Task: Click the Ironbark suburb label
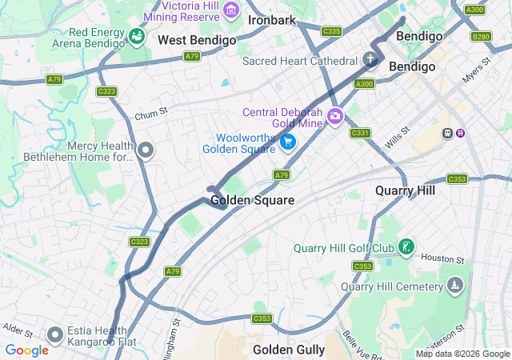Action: [272, 20]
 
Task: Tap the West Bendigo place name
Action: [197, 40]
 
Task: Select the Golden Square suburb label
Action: [252, 200]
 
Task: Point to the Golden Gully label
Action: [289, 350]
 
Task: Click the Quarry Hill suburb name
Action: [405, 191]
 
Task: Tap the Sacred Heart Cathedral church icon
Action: [370, 59]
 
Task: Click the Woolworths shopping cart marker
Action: [288, 142]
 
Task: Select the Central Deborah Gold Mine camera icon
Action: [334, 116]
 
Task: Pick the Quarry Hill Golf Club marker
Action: [407, 246]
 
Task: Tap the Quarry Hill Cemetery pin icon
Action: [455, 285]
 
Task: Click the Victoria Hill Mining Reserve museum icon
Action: [232, 10]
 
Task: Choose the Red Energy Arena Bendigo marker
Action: [137, 37]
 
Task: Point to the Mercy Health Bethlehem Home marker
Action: [145, 150]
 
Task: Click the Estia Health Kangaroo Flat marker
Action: [54, 334]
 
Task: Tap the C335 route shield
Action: [331, 31]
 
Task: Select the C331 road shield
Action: [360, 133]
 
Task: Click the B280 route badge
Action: [481, 37]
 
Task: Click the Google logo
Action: [26, 350]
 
